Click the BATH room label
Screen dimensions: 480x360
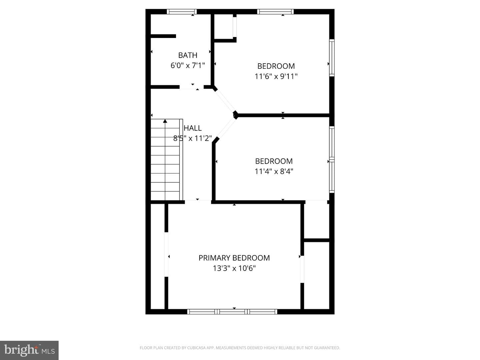[x=188, y=55]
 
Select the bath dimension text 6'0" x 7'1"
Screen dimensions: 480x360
[x=188, y=65]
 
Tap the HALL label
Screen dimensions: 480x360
[x=192, y=128]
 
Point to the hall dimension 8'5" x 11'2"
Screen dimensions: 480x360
[x=192, y=138]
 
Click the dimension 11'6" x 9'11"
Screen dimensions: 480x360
[x=276, y=77]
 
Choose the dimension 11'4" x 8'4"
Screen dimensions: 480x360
[x=274, y=171]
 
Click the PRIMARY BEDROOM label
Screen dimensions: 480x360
[x=234, y=258]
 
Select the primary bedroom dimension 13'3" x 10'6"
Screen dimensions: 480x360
[x=234, y=268]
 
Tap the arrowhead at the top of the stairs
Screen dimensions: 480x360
[x=165, y=121]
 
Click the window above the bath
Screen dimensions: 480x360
[x=182, y=12]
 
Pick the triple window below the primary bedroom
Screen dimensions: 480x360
[x=232, y=311]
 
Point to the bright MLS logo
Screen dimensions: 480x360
[x=29, y=350]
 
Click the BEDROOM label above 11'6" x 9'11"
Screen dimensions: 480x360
[x=276, y=66]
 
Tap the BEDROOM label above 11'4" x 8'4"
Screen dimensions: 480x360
[x=274, y=161]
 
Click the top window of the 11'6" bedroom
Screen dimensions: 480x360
[x=275, y=12]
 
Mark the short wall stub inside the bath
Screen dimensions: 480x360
[x=163, y=36]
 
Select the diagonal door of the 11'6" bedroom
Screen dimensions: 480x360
[x=225, y=101]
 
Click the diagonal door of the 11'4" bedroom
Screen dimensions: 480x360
[x=226, y=128]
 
